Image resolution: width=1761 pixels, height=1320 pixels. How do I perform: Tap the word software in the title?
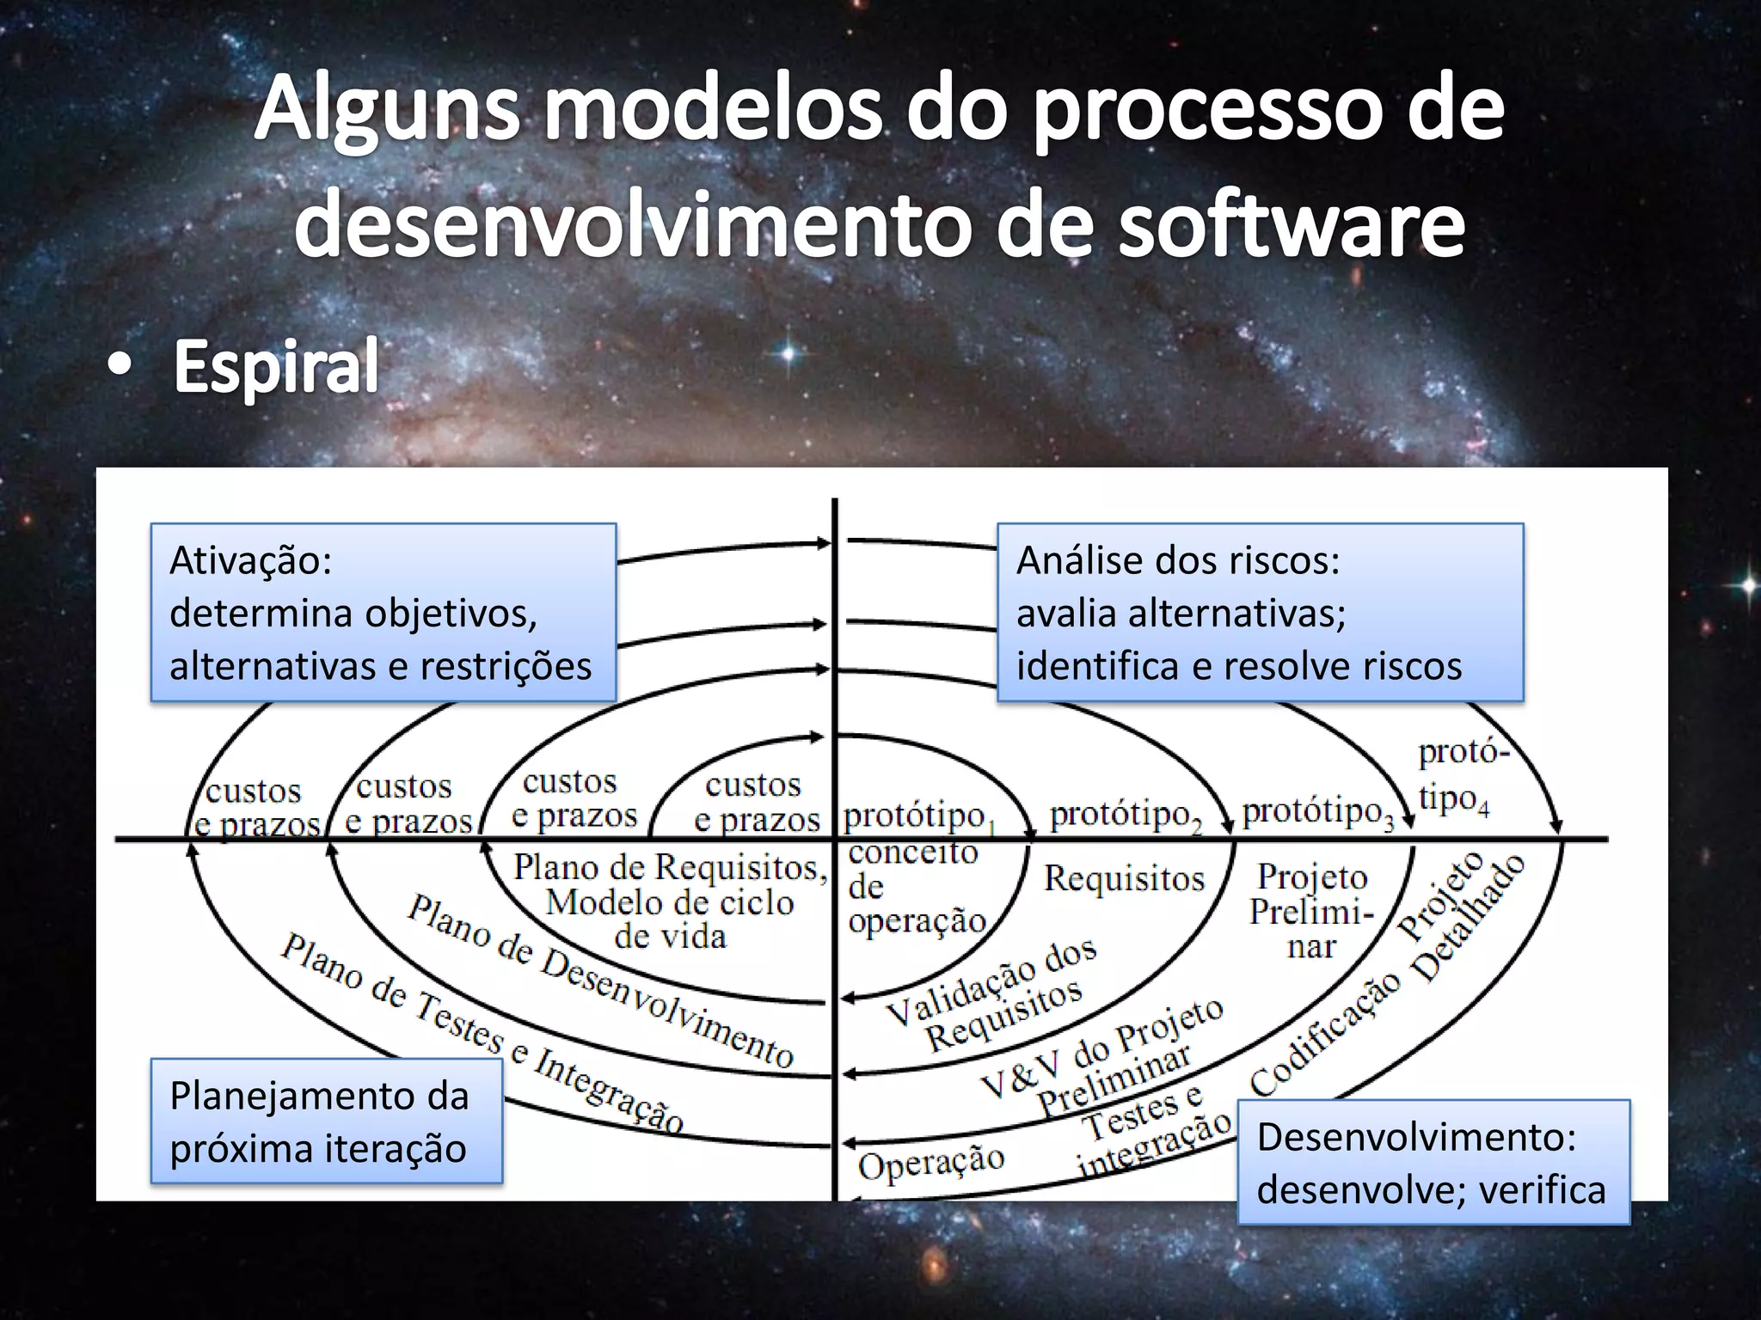tap(1291, 225)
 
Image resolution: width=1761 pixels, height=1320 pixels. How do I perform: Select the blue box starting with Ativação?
tap(383, 613)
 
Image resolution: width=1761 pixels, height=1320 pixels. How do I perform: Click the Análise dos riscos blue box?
tap(1259, 613)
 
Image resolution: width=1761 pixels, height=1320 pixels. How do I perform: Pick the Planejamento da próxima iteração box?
tap(326, 1121)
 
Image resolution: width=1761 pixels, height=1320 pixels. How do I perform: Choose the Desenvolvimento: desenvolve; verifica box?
tap(1433, 1163)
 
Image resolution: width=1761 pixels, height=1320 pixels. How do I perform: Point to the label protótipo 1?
tap(917, 816)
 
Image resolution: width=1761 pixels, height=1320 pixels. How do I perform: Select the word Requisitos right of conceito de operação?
tap(1124, 878)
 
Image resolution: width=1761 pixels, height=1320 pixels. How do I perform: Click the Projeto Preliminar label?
tap(1311, 911)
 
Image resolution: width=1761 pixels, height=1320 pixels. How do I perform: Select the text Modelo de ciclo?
tap(670, 902)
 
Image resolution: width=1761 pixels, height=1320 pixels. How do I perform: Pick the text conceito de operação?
tap(915, 886)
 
